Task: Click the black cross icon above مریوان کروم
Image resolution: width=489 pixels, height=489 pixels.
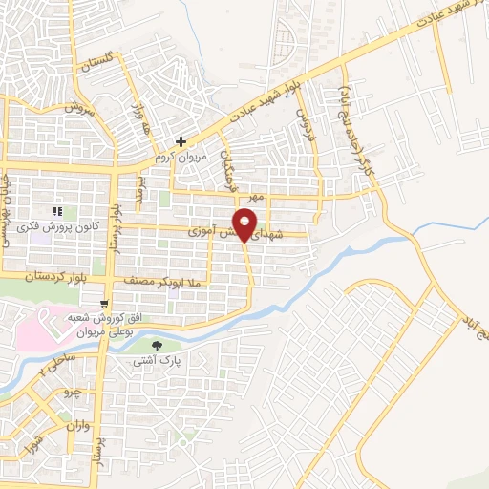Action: pyautogui.click(x=181, y=141)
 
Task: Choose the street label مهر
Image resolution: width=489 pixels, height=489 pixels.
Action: pyautogui.click(x=253, y=196)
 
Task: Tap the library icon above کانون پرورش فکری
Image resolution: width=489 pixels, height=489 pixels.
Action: pyautogui.click(x=57, y=211)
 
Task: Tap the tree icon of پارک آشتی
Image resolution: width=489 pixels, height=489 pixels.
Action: pyautogui.click(x=158, y=345)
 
